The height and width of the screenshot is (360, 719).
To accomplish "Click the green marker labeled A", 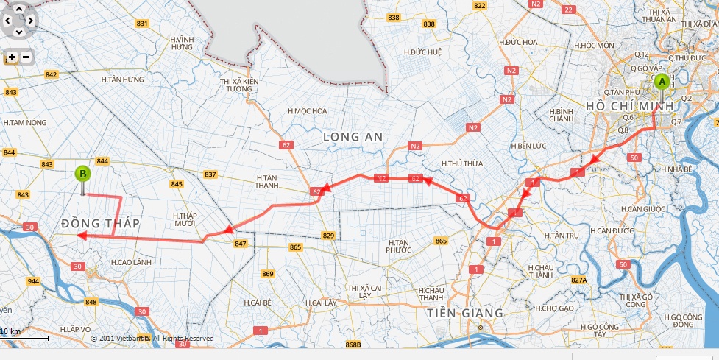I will [661, 82].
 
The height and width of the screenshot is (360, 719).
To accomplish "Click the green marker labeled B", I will [83, 175].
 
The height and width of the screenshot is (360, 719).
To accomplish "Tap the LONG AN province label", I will [351, 137].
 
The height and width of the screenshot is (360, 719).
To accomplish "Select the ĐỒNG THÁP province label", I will [100, 222].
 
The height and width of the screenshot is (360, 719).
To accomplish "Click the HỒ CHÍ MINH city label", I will [630, 107].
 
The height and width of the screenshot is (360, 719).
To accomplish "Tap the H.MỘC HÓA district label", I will [308, 111].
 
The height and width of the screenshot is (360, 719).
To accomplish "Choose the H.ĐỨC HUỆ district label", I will [422, 52].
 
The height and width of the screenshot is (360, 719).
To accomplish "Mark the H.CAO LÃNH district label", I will [131, 261].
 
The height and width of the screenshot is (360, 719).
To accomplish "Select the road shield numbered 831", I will [143, 24].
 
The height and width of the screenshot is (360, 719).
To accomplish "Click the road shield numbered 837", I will [210, 174].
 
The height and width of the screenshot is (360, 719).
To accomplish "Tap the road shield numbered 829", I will [328, 236].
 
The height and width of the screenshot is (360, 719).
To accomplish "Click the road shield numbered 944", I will [33, 281].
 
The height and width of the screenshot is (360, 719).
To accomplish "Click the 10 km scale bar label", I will [10, 332].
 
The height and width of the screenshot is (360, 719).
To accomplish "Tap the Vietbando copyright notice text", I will [152, 339].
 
